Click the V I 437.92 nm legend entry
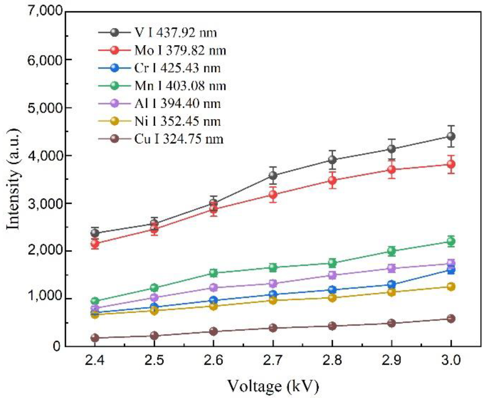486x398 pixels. click(175, 33)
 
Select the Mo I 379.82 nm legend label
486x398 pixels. click(180, 50)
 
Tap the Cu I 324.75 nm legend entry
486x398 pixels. click(179, 139)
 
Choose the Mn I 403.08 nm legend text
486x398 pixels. click(180, 86)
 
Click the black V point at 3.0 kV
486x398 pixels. click(451, 136)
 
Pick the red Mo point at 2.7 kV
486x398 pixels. click(273, 194)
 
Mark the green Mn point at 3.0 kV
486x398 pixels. click(451, 241)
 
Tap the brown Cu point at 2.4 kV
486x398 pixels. click(95, 338)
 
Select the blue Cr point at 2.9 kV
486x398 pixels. click(391, 284)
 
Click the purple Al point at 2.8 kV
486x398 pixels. click(332, 275)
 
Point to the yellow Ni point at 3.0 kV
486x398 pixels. click(451, 287)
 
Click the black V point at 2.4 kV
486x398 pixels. click(95, 233)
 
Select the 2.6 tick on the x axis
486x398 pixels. click(213, 360)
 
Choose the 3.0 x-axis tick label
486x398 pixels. click(451, 360)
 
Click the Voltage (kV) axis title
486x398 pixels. click(273, 386)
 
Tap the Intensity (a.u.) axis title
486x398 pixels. click(13, 179)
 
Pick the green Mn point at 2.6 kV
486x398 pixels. click(213, 273)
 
